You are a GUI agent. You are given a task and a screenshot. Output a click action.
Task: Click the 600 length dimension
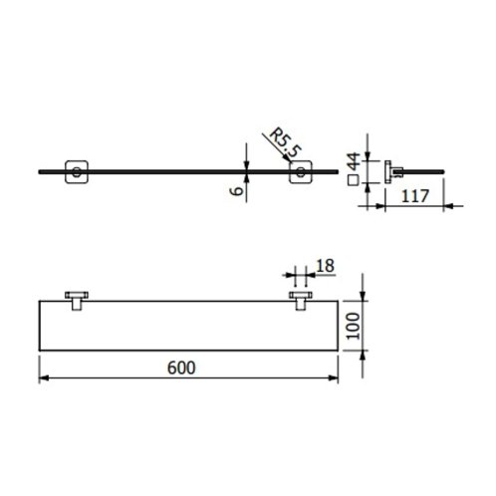(x=181, y=368)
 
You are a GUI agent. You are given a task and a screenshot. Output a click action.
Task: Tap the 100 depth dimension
(x=354, y=326)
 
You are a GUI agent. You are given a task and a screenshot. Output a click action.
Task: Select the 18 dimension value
(x=325, y=266)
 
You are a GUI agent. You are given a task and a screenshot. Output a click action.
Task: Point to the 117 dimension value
(x=415, y=196)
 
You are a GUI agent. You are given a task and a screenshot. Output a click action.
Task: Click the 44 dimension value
(x=354, y=161)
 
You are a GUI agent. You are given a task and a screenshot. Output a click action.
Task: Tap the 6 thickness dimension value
(x=237, y=191)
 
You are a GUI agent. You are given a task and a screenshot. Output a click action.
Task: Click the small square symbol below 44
(x=353, y=181)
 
